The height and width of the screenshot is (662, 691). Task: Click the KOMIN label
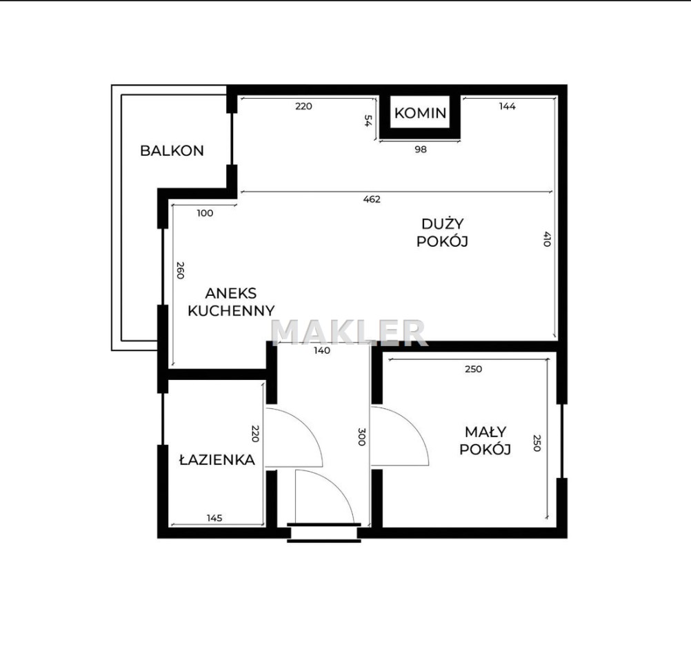[x=420, y=113]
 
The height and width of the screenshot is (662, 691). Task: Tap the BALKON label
[x=172, y=151]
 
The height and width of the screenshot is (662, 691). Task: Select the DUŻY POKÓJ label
[x=442, y=232]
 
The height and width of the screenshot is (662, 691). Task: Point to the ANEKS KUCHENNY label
[x=231, y=302]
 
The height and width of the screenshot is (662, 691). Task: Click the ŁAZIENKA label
[x=217, y=459]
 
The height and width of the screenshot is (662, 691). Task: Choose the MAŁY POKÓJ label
[x=485, y=441]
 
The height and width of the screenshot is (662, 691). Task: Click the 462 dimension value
[x=372, y=199]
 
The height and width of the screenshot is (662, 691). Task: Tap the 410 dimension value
[x=547, y=239]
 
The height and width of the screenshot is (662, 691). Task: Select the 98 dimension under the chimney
[x=421, y=150]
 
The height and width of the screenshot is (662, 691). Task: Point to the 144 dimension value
[x=508, y=106]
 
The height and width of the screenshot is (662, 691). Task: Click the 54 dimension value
[x=367, y=121]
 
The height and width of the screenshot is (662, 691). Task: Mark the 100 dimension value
[x=205, y=213]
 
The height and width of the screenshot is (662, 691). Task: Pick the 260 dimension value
[x=180, y=270]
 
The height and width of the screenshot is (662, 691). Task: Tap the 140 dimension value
[x=321, y=350]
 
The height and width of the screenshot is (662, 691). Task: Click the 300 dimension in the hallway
[x=361, y=437]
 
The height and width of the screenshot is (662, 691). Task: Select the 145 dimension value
[x=214, y=518]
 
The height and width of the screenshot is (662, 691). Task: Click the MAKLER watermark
[x=348, y=332]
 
